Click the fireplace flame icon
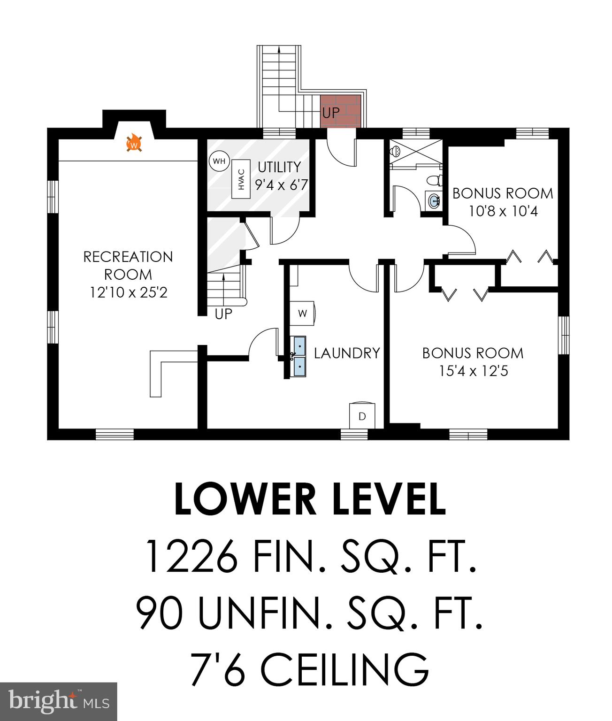tap(134, 143)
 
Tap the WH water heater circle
tap(219, 161)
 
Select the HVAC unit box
tap(241, 179)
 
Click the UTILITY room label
tap(279, 167)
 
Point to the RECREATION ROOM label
tap(128, 266)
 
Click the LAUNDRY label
tap(347, 353)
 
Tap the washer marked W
tap(302, 313)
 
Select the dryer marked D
tap(362, 415)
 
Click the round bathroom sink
tap(434, 201)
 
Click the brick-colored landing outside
tap(341, 111)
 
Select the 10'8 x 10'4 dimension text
tap(503, 211)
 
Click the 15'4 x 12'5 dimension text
tap(473, 371)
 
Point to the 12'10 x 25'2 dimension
tap(129, 292)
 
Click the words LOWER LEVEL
tap(310, 499)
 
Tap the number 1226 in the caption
tap(191, 557)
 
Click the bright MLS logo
tap(59, 701)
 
